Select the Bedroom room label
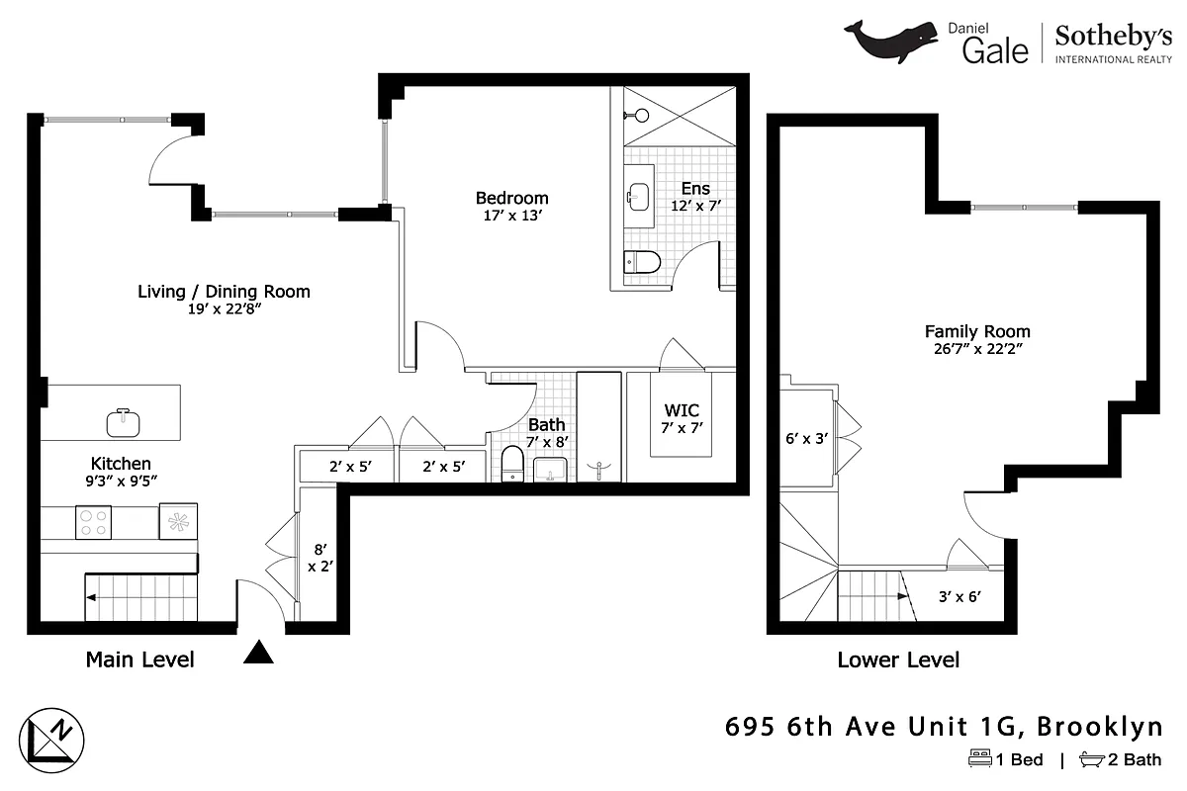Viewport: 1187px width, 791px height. [x=511, y=198]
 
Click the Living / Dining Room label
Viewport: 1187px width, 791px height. [x=223, y=292]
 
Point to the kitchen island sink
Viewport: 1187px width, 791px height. [x=124, y=422]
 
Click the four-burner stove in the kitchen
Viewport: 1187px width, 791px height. [x=94, y=521]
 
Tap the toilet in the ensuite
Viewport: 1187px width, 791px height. [x=642, y=263]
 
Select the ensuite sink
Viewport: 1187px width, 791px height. [x=638, y=192]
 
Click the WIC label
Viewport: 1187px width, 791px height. [x=681, y=410]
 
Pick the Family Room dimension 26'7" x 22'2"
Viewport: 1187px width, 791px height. [x=977, y=349]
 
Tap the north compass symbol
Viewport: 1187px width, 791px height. [x=56, y=738]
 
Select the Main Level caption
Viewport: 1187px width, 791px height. [x=139, y=659]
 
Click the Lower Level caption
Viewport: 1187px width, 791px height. [x=898, y=659]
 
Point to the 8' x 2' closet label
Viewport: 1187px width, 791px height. [x=318, y=559]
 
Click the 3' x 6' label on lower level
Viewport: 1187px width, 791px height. [x=959, y=595]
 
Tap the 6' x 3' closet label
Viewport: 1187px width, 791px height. [x=806, y=437]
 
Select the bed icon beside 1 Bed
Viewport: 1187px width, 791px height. [x=979, y=759]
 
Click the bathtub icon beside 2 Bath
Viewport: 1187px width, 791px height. [x=1092, y=759]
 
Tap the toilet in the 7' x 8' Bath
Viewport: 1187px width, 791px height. [x=512, y=463]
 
